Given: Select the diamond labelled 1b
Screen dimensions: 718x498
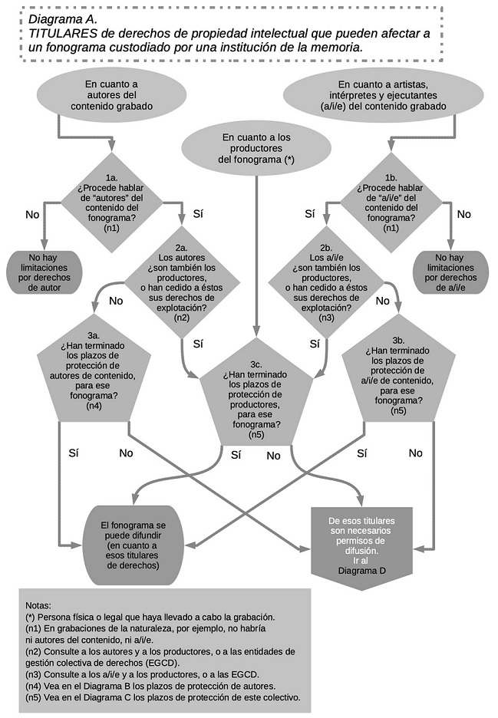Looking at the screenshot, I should pos(391,203).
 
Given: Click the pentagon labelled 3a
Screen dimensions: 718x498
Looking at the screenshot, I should pos(93,373).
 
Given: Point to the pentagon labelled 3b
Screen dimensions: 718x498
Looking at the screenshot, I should pos(397,373).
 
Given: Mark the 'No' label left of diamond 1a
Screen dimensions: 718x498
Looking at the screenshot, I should pos(31,215).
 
